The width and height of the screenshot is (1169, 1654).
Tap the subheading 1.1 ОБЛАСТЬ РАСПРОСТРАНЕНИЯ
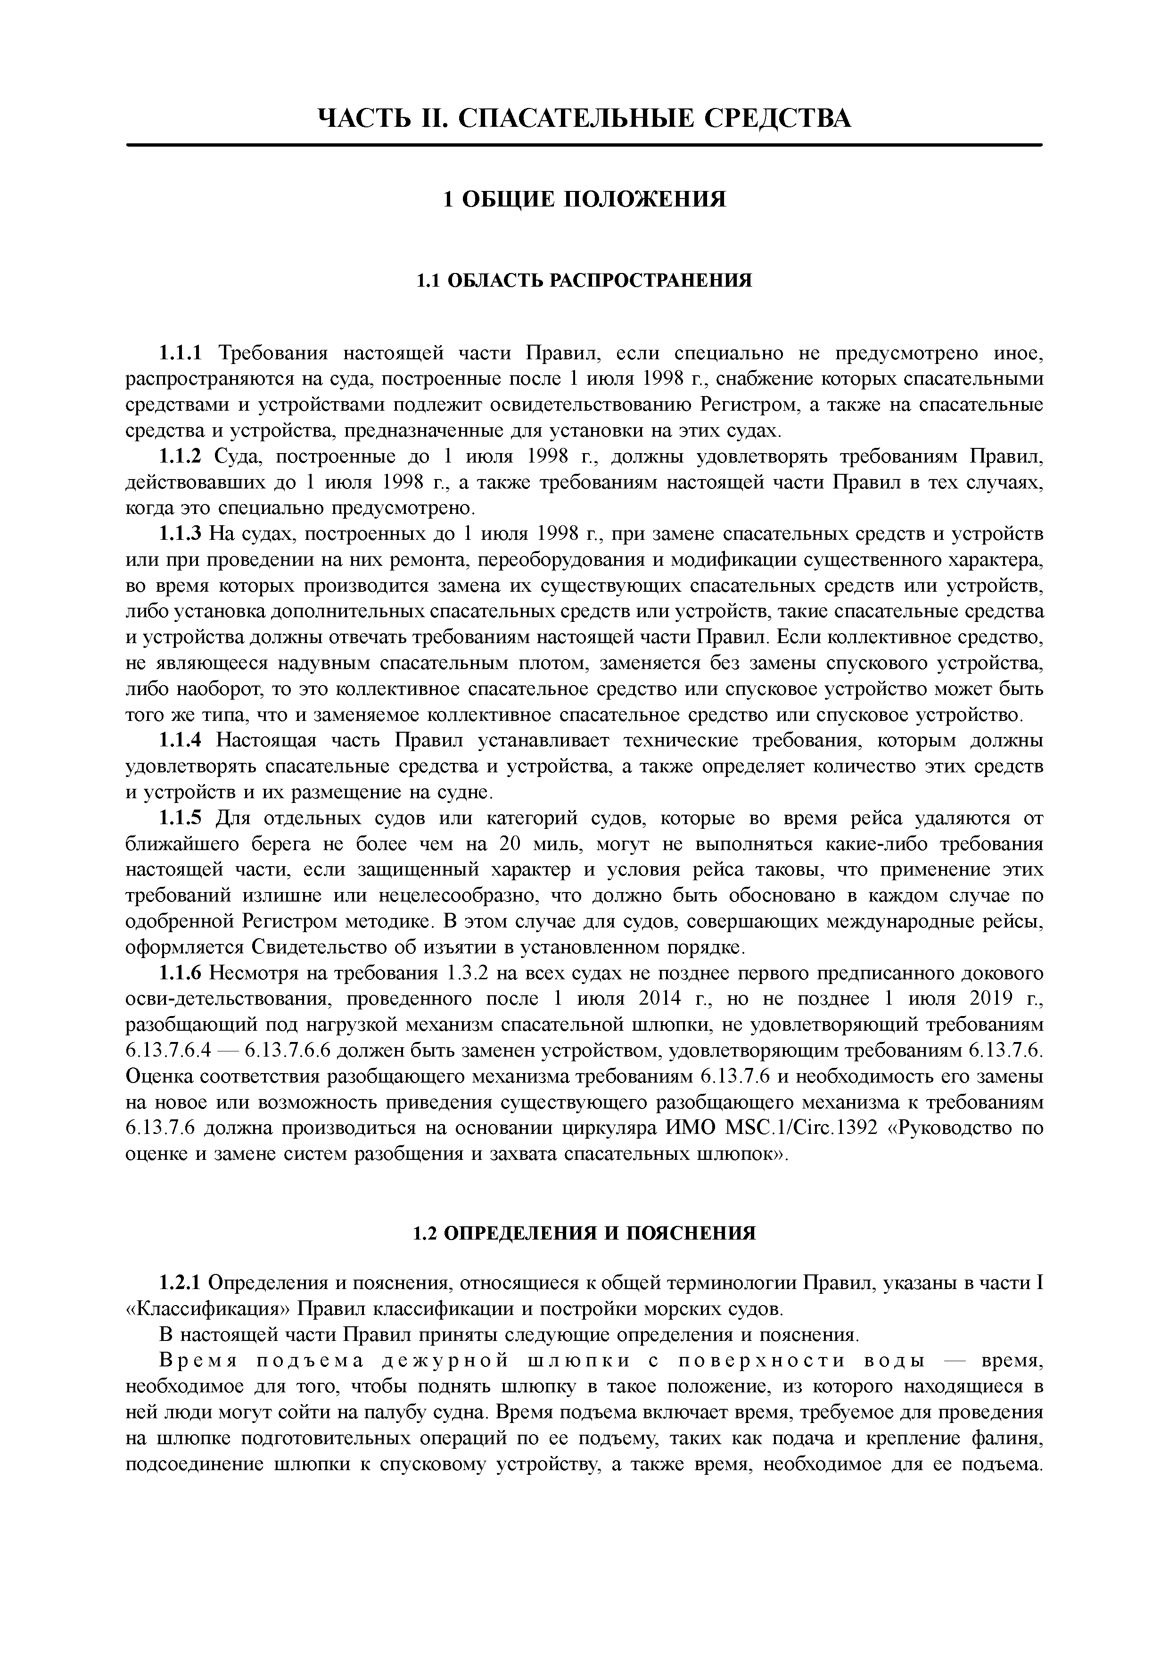(x=584, y=280)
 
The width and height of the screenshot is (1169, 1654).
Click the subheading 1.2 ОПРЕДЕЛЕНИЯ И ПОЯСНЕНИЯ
(x=584, y=1233)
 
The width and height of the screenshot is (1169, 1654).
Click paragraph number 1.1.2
(x=181, y=457)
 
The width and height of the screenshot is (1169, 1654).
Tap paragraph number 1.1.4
(x=181, y=741)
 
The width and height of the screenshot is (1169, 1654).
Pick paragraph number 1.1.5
(x=181, y=819)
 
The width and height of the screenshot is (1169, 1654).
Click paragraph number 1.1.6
(x=181, y=974)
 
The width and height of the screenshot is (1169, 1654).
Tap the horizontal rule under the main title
(x=584, y=146)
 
